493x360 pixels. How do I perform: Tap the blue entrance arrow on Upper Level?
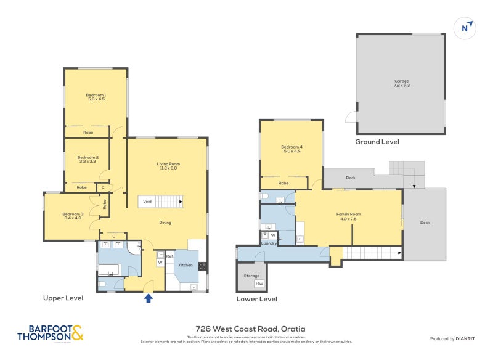148,299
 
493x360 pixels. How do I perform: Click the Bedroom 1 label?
96,97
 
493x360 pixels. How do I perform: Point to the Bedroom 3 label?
72,216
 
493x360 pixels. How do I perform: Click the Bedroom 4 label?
291,149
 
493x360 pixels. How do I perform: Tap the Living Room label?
168,166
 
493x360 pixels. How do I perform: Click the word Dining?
165,223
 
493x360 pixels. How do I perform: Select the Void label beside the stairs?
147,201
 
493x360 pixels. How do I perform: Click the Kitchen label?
185,265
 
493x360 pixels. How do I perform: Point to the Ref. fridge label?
169,256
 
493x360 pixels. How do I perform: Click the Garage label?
401,83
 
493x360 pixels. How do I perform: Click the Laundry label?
268,243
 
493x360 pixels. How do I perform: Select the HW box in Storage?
259,284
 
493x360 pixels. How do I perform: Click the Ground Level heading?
377,142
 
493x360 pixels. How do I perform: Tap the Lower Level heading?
256,299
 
